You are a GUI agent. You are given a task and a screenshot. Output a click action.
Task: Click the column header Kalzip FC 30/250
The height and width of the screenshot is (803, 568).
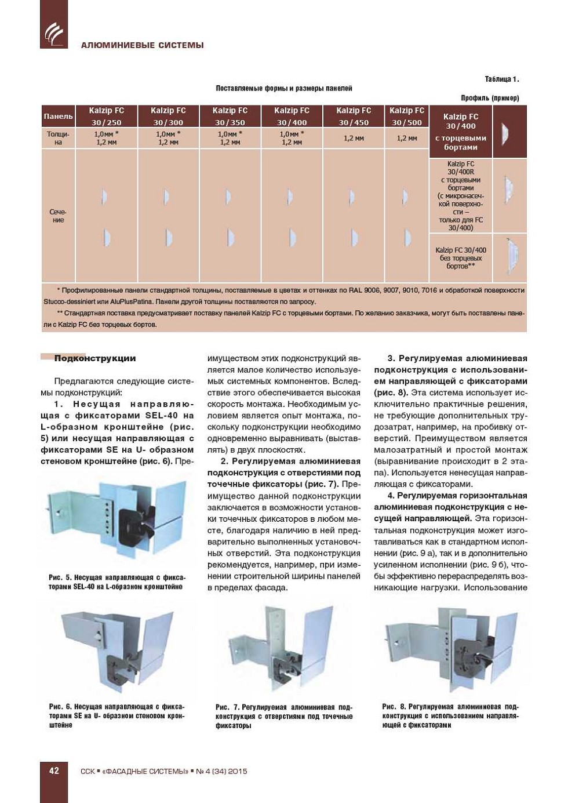click(x=106, y=116)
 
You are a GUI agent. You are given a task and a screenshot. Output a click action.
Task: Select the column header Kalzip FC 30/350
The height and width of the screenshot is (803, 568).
click(x=230, y=116)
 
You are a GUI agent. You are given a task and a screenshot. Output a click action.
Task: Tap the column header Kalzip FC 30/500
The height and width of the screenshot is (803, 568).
click(x=406, y=116)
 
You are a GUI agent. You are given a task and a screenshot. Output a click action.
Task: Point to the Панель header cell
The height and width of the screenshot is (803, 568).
click(x=58, y=116)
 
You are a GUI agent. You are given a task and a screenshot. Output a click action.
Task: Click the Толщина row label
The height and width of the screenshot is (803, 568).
click(x=58, y=138)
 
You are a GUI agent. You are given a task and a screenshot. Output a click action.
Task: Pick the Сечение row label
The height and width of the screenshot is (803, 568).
click(x=58, y=216)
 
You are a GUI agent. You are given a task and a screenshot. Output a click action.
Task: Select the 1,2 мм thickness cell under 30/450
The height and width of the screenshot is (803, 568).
click(x=354, y=138)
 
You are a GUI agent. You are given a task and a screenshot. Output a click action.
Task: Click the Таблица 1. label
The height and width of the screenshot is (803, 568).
click(x=501, y=79)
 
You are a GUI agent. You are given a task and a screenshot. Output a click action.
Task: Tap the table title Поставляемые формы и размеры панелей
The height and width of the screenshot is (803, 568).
click(x=284, y=88)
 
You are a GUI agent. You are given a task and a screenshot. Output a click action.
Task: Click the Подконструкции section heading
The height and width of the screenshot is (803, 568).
click(x=94, y=358)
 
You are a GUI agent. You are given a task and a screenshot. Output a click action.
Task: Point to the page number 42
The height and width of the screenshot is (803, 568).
click(x=54, y=771)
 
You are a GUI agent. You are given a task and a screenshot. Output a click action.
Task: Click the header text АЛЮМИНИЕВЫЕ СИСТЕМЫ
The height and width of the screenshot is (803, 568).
click(x=142, y=45)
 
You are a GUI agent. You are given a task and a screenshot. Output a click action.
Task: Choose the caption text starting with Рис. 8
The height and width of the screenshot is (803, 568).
click(x=450, y=715)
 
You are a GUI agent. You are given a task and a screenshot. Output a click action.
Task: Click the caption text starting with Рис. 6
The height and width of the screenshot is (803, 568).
click(x=116, y=715)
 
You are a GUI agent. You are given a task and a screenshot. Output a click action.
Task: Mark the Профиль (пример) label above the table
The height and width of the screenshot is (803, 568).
click(x=490, y=98)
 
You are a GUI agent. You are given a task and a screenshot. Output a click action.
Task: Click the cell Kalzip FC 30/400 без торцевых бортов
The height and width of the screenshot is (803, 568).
click(x=461, y=258)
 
